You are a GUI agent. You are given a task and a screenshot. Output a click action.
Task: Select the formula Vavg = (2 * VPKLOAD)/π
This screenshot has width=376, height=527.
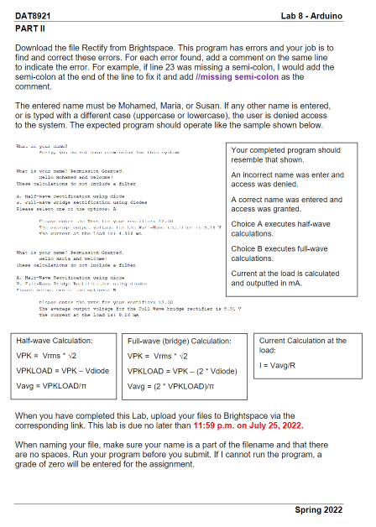168,387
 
